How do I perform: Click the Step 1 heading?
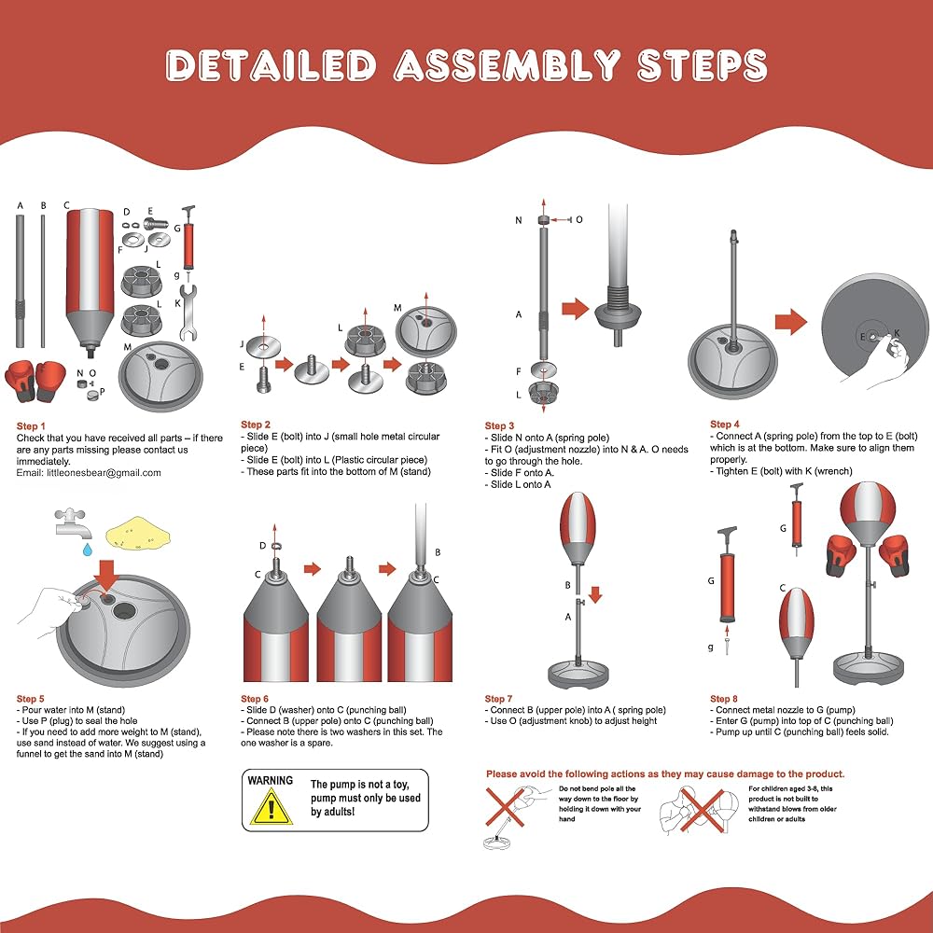(31, 426)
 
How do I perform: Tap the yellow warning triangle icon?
(272, 807)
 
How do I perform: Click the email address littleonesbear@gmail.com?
(104, 473)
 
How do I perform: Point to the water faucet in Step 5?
(70, 522)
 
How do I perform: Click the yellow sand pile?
(138, 533)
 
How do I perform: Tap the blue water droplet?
(88, 550)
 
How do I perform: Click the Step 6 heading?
(255, 699)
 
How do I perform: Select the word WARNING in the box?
(271, 781)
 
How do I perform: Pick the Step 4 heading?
(724, 425)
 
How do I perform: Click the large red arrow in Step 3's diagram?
(575, 309)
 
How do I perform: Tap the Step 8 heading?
(724, 699)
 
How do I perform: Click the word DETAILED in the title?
(272, 65)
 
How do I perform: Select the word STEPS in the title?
(703, 65)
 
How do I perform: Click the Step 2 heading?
(256, 425)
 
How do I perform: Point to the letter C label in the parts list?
(66, 205)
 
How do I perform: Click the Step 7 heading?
(498, 699)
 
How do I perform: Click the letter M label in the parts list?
(127, 347)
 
